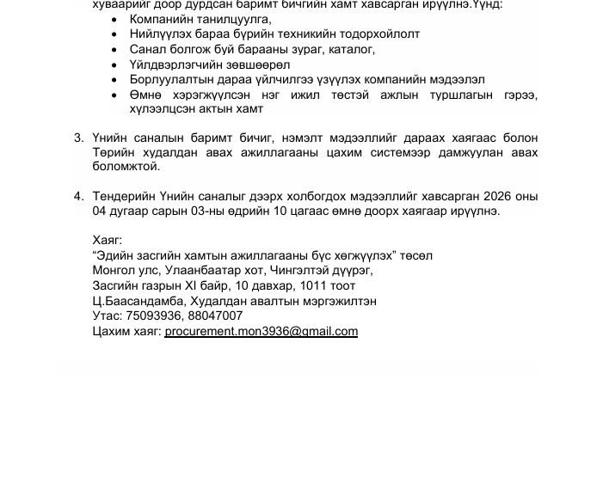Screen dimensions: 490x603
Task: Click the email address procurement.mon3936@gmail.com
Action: tap(261, 331)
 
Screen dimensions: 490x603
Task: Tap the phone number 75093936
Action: tap(151, 315)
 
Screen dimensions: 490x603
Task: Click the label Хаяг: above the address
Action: tap(107, 240)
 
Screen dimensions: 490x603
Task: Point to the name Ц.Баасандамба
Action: tap(136, 301)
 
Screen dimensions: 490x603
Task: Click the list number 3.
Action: tap(78, 138)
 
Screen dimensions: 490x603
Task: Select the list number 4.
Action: tap(78, 196)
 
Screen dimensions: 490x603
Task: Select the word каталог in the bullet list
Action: tap(351, 49)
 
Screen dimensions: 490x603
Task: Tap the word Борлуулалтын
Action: tap(167, 79)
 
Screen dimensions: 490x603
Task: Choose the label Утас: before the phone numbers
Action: tap(107, 315)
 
